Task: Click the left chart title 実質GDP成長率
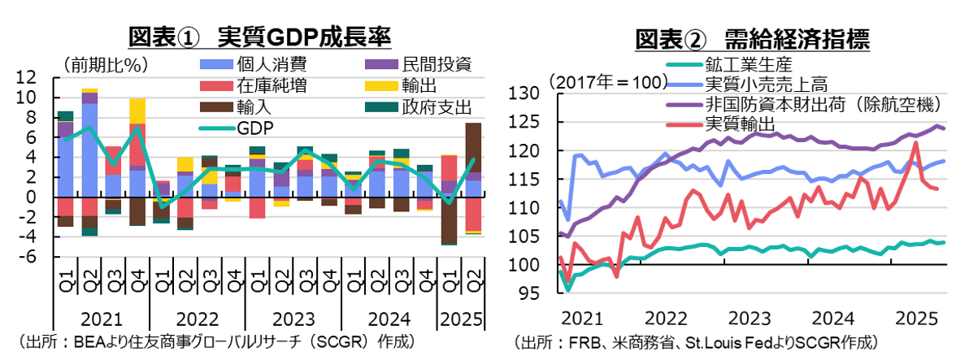[260, 37]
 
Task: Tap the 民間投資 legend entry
[436, 65]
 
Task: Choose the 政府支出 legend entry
[436, 106]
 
